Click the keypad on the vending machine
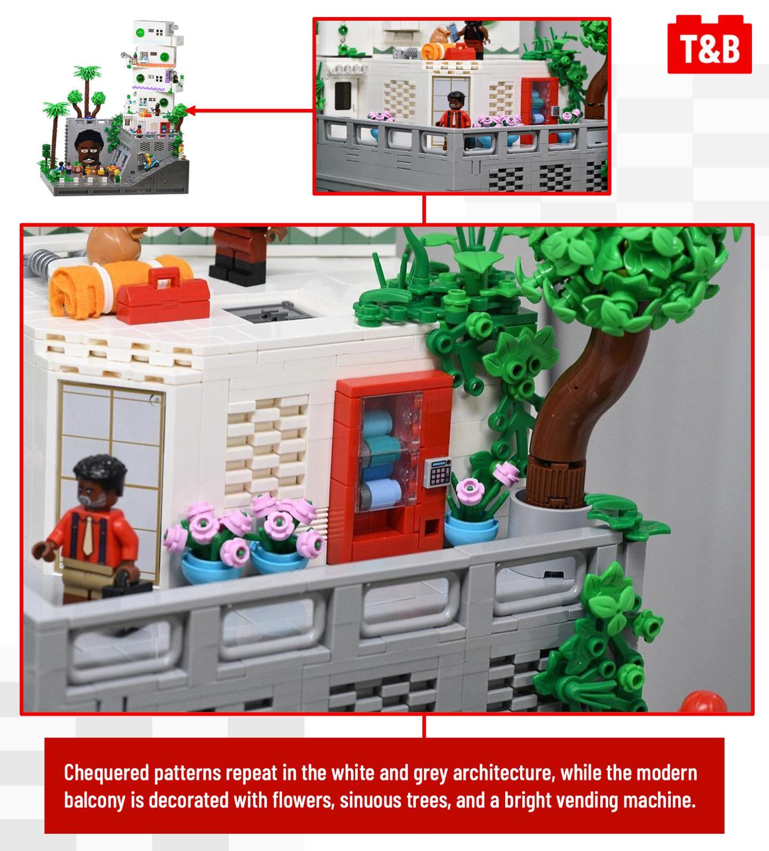tap(439, 472)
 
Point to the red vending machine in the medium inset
tap(539, 110)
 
